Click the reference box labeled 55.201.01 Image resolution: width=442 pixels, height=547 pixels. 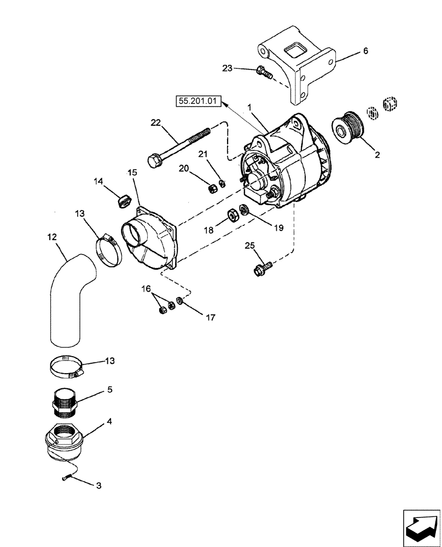(197, 101)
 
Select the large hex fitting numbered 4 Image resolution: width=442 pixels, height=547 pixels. (64, 441)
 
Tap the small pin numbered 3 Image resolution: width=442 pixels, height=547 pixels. (67, 478)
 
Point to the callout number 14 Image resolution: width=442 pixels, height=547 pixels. (98, 181)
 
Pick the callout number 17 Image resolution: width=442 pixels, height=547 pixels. (211, 317)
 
